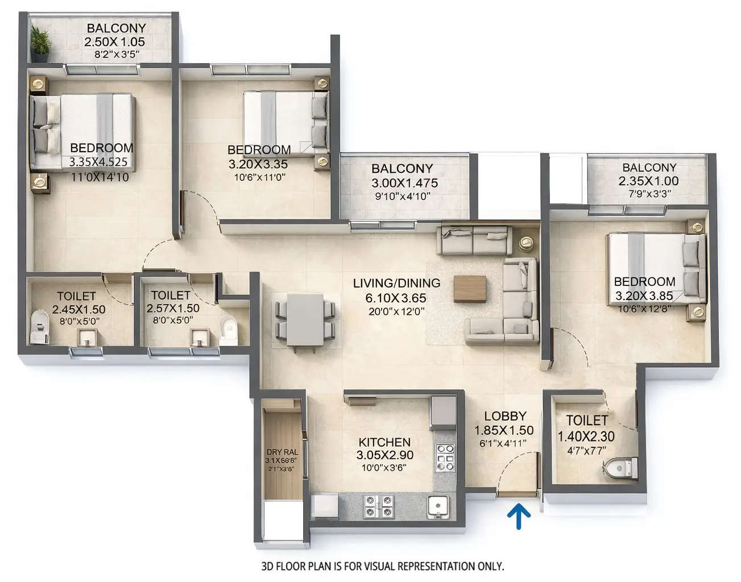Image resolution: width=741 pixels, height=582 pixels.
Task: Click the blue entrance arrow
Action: tap(519, 517)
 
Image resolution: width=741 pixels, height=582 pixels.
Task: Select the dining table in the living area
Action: tap(305, 319)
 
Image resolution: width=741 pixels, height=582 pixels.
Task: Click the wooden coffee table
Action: tap(470, 288)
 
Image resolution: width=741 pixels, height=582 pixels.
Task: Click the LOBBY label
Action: tap(505, 416)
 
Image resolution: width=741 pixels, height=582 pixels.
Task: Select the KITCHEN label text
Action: tap(384, 442)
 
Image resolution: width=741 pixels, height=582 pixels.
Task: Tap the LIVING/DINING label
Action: tap(396, 283)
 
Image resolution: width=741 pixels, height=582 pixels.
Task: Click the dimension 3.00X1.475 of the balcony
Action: tap(404, 183)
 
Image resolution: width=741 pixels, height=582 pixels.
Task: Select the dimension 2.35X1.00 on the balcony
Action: tap(648, 181)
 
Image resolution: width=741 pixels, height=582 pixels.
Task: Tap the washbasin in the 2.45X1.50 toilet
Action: tap(86, 338)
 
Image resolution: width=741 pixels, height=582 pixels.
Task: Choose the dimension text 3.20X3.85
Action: tap(644, 296)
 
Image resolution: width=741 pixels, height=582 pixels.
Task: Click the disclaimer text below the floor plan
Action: tap(382, 566)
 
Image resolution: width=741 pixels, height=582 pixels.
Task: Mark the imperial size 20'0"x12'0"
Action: tap(396, 311)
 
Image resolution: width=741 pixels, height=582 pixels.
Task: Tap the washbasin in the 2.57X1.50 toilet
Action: tap(200, 338)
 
